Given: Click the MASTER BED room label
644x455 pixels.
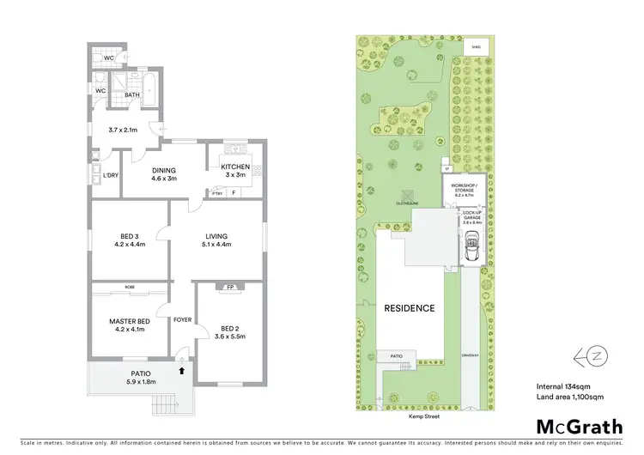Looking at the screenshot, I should click(x=131, y=322).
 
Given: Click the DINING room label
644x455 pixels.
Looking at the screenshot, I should click(x=163, y=170).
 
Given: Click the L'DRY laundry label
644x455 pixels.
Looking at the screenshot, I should click(x=110, y=176).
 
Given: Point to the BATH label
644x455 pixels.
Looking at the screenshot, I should click(x=132, y=95).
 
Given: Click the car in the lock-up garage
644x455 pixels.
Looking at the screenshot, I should click(x=471, y=251).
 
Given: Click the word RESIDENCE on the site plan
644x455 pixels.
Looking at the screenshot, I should click(x=409, y=308).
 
